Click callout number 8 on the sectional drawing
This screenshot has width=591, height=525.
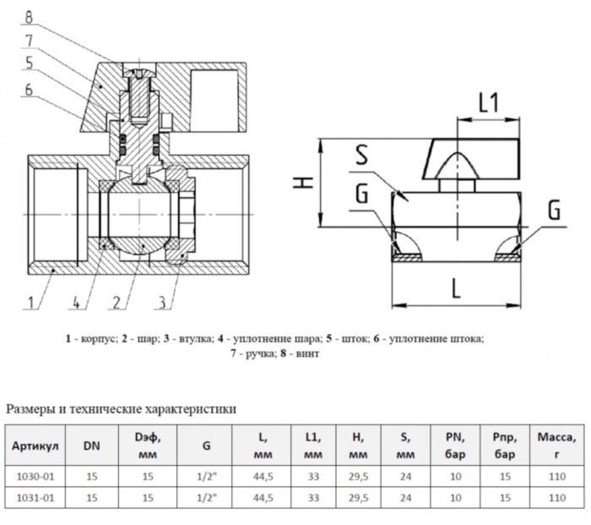click(29, 14)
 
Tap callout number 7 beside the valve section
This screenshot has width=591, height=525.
click(29, 40)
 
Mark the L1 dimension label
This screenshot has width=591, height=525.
click(488, 103)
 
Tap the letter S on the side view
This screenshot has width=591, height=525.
click(362, 156)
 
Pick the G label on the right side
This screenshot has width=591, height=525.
click(554, 210)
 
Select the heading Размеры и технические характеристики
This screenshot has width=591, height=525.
click(122, 409)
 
